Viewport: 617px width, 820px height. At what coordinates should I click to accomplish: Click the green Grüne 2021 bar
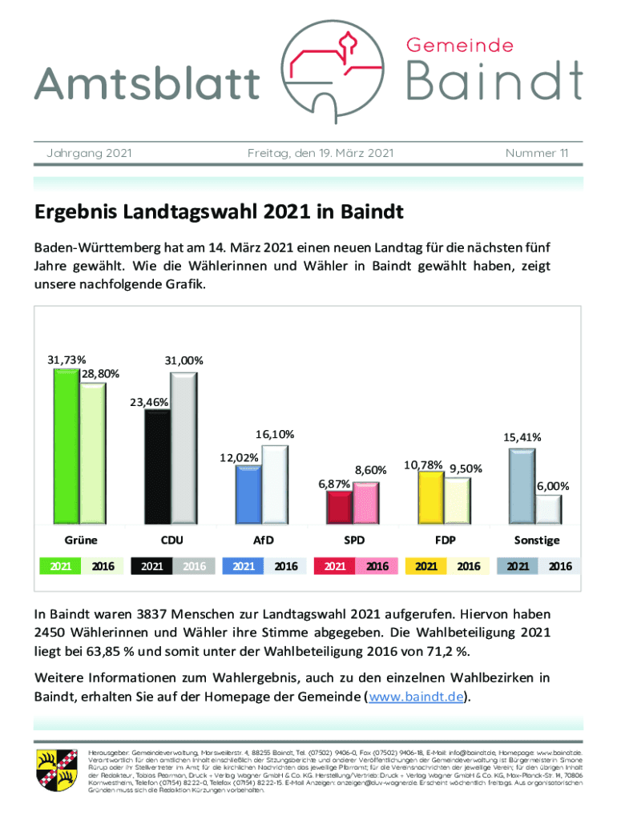[66, 444]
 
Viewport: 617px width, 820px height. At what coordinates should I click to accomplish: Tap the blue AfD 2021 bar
[248, 493]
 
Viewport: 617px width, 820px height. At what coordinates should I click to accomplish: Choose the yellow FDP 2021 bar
[431, 496]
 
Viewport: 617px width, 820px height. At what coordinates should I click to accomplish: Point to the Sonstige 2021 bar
[522, 484]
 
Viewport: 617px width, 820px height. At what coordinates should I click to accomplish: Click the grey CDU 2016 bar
[183, 448]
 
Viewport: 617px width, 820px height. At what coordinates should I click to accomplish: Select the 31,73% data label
[67, 360]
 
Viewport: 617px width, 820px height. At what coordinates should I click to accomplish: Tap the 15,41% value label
[522, 437]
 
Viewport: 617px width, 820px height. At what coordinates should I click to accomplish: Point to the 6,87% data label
[333, 484]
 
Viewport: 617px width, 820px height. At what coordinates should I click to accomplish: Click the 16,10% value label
[276, 434]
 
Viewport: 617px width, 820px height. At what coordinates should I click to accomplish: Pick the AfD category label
[263, 541]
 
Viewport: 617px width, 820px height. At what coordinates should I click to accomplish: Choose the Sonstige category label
[537, 541]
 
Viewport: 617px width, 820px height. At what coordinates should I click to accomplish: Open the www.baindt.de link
[416, 696]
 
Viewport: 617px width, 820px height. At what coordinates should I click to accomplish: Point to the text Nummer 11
[537, 152]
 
